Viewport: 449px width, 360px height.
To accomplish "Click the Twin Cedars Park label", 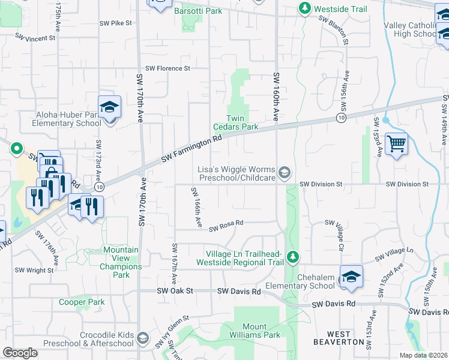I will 236,122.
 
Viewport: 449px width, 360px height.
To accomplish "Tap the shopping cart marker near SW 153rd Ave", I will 396,144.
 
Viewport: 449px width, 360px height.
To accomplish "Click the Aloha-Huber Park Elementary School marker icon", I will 110,107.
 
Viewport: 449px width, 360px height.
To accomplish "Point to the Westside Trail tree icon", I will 305,8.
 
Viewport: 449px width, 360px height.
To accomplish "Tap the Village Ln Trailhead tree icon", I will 292,257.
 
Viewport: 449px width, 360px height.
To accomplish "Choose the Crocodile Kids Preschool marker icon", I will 143,339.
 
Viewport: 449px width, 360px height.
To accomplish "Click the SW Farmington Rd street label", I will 192,151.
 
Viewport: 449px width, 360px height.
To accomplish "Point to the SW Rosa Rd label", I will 226,226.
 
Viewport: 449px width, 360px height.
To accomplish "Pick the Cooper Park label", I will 82,302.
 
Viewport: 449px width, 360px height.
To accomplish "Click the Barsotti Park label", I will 198,11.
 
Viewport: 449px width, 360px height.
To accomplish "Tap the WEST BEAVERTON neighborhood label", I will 339,338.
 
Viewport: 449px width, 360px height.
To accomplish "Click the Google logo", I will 20,353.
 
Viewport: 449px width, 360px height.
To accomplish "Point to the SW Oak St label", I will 176,291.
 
